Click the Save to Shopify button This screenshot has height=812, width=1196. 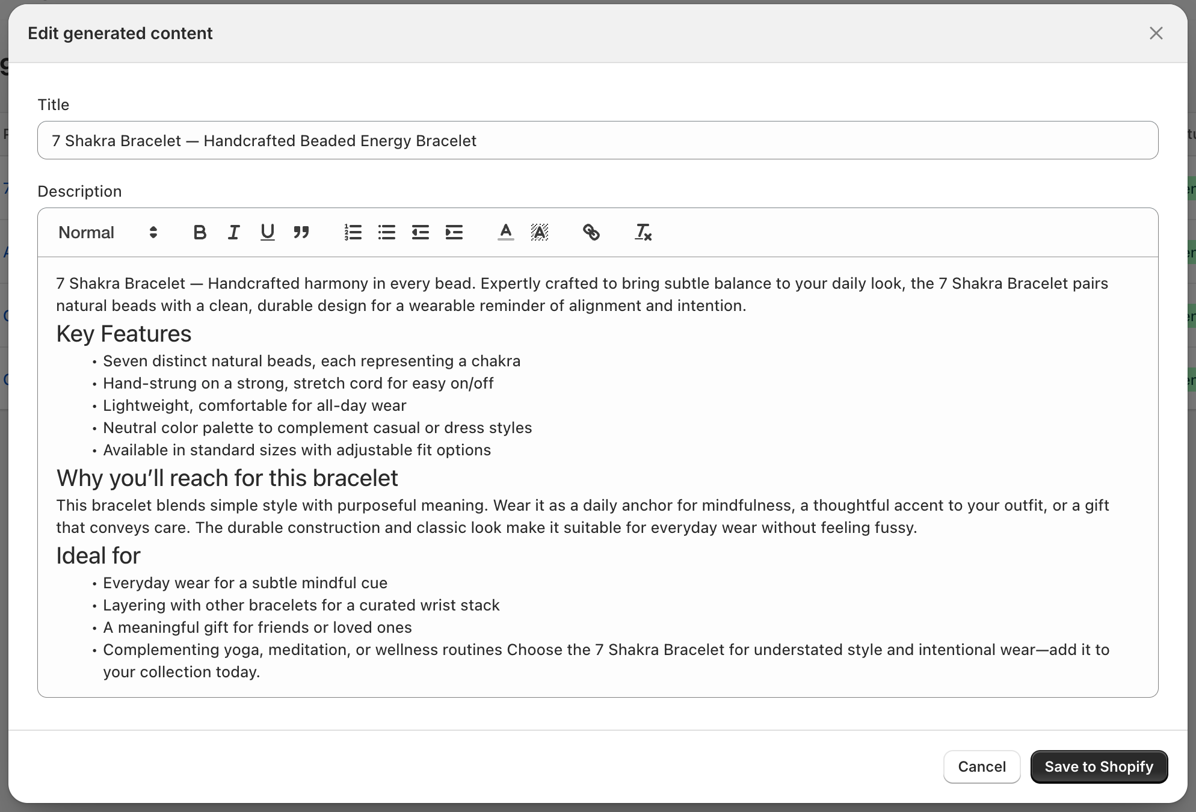tap(1099, 766)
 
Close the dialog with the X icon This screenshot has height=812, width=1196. tap(1156, 33)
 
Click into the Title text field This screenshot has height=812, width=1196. tap(597, 141)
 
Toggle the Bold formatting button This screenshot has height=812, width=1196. tap(200, 232)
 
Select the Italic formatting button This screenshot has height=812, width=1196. tap(233, 232)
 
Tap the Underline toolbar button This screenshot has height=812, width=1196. tap(267, 232)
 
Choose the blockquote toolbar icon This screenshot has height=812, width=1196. tap(301, 232)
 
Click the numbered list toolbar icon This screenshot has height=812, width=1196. tap(353, 232)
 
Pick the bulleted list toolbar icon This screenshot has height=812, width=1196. tap(386, 232)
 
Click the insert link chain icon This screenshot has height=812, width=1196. tap(591, 232)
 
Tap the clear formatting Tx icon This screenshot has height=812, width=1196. tap(643, 232)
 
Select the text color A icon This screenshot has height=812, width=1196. tap(505, 232)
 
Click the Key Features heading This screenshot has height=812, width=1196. tap(124, 334)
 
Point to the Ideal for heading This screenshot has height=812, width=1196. tap(98, 556)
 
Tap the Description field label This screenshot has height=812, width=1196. tap(79, 191)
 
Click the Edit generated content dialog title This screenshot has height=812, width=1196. tap(120, 33)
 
